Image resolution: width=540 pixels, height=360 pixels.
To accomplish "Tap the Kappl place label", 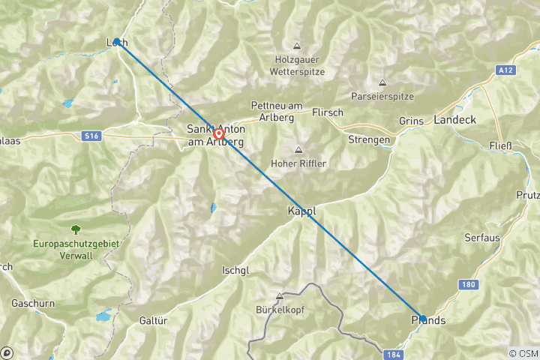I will click(x=301, y=212).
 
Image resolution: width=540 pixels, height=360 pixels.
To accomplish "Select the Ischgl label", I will click(x=235, y=271).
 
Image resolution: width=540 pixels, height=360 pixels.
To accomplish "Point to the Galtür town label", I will click(x=152, y=320).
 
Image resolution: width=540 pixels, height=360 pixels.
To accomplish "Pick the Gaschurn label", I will click(x=31, y=304).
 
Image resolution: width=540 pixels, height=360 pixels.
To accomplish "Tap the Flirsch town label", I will click(x=326, y=112).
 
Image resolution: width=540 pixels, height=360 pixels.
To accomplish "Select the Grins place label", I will click(x=411, y=121).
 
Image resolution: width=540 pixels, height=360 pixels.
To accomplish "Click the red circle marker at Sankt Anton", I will click(x=218, y=134).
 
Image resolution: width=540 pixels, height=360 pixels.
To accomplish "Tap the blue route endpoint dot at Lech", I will click(x=117, y=42).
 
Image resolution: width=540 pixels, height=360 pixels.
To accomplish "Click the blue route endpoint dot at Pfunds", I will click(x=422, y=318).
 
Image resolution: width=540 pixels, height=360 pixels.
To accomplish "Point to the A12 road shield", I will click(x=506, y=70).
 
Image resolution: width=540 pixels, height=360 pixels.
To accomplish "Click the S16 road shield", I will click(x=91, y=135).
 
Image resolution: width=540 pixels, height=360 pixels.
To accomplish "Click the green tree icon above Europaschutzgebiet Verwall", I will click(x=75, y=229).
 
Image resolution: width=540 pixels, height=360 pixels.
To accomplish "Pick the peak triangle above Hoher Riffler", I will click(x=298, y=150).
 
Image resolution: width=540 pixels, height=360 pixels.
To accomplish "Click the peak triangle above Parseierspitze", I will click(x=382, y=82).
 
